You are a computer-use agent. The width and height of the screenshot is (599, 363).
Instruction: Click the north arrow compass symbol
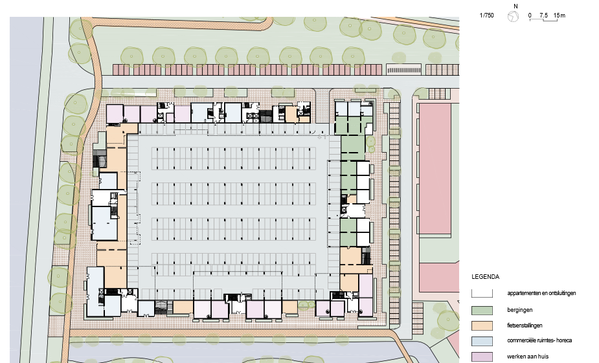click(x=513, y=16)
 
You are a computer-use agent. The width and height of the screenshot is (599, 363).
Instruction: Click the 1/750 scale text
click(x=487, y=16)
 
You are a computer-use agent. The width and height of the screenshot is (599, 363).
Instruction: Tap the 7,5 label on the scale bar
click(x=543, y=16)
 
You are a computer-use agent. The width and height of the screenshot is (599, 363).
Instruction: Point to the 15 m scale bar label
click(x=559, y=16)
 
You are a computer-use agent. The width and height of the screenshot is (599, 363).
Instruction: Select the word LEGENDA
click(x=485, y=277)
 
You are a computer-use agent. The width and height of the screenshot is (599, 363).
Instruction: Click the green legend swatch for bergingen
click(x=482, y=310)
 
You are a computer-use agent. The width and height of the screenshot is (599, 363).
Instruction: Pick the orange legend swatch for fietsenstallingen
click(x=482, y=325)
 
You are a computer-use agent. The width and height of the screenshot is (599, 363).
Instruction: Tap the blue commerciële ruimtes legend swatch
click(x=482, y=341)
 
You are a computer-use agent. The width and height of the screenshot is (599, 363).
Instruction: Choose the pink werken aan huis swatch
click(x=482, y=357)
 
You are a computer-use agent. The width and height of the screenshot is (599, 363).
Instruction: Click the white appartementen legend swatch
click(x=482, y=293)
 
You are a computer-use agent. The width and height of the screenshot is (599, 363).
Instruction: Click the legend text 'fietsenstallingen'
click(x=525, y=325)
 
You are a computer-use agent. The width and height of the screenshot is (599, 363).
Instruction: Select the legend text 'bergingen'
click(x=519, y=310)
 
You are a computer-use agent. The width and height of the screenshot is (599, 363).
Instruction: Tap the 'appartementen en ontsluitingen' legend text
click(x=541, y=293)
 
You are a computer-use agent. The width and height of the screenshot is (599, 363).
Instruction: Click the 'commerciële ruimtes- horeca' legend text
click(x=539, y=340)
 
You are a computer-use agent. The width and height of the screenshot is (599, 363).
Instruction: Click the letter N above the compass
click(x=515, y=6)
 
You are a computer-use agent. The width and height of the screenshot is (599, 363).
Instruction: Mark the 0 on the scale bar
click(x=530, y=16)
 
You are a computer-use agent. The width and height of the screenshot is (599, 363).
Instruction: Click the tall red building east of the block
click(x=435, y=168)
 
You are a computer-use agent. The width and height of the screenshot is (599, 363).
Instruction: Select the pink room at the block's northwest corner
click(x=115, y=114)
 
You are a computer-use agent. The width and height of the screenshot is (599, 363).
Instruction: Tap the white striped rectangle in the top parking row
click(x=404, y=69)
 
